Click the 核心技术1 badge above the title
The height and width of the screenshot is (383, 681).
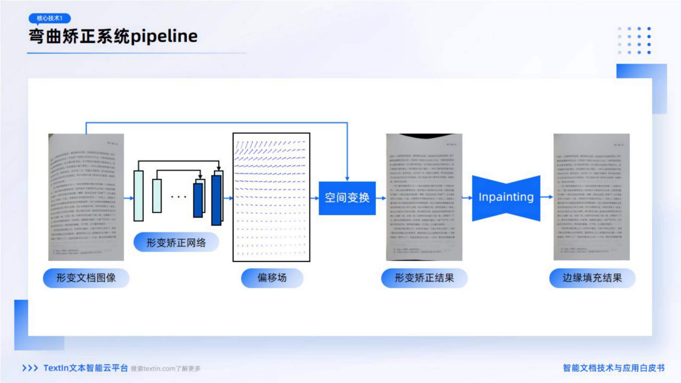coord(49,18)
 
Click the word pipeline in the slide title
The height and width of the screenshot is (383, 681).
coord(164,36)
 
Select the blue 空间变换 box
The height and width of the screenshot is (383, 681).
coord(347,198)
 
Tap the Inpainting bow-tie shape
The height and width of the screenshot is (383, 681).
coord(506,197)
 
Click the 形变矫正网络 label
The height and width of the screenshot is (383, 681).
coord(176,242)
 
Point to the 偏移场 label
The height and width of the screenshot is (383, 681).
coord(272,278)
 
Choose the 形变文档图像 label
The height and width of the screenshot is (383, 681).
coord(86,278)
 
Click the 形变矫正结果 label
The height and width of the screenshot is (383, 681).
coord(424,278)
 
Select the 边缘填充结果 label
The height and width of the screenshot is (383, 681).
coord(592,278)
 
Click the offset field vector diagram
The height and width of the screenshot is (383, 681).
coord(271,197)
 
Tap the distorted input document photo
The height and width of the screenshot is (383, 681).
coord(86,197)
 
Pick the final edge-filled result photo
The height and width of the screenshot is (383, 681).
coord(592,197)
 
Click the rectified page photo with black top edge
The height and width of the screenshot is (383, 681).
coord(424,197)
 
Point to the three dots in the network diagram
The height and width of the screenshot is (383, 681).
coord(178,197)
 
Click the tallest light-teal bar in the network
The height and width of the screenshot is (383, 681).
coord(138,196)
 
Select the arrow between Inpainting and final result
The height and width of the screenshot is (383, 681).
coord(546,197)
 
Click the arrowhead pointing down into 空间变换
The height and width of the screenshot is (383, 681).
coord(347,179)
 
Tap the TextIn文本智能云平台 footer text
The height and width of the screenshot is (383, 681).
coord(86,368)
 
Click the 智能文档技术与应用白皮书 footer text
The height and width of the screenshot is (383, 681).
coord(614,368)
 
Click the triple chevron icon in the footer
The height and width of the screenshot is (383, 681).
coord(30,368)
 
